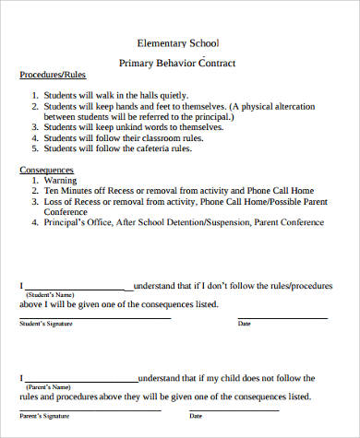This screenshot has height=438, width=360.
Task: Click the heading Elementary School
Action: (178, 43)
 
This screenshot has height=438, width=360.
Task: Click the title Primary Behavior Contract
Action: (178, 63)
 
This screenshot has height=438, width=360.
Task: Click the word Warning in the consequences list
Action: (61, 182)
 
